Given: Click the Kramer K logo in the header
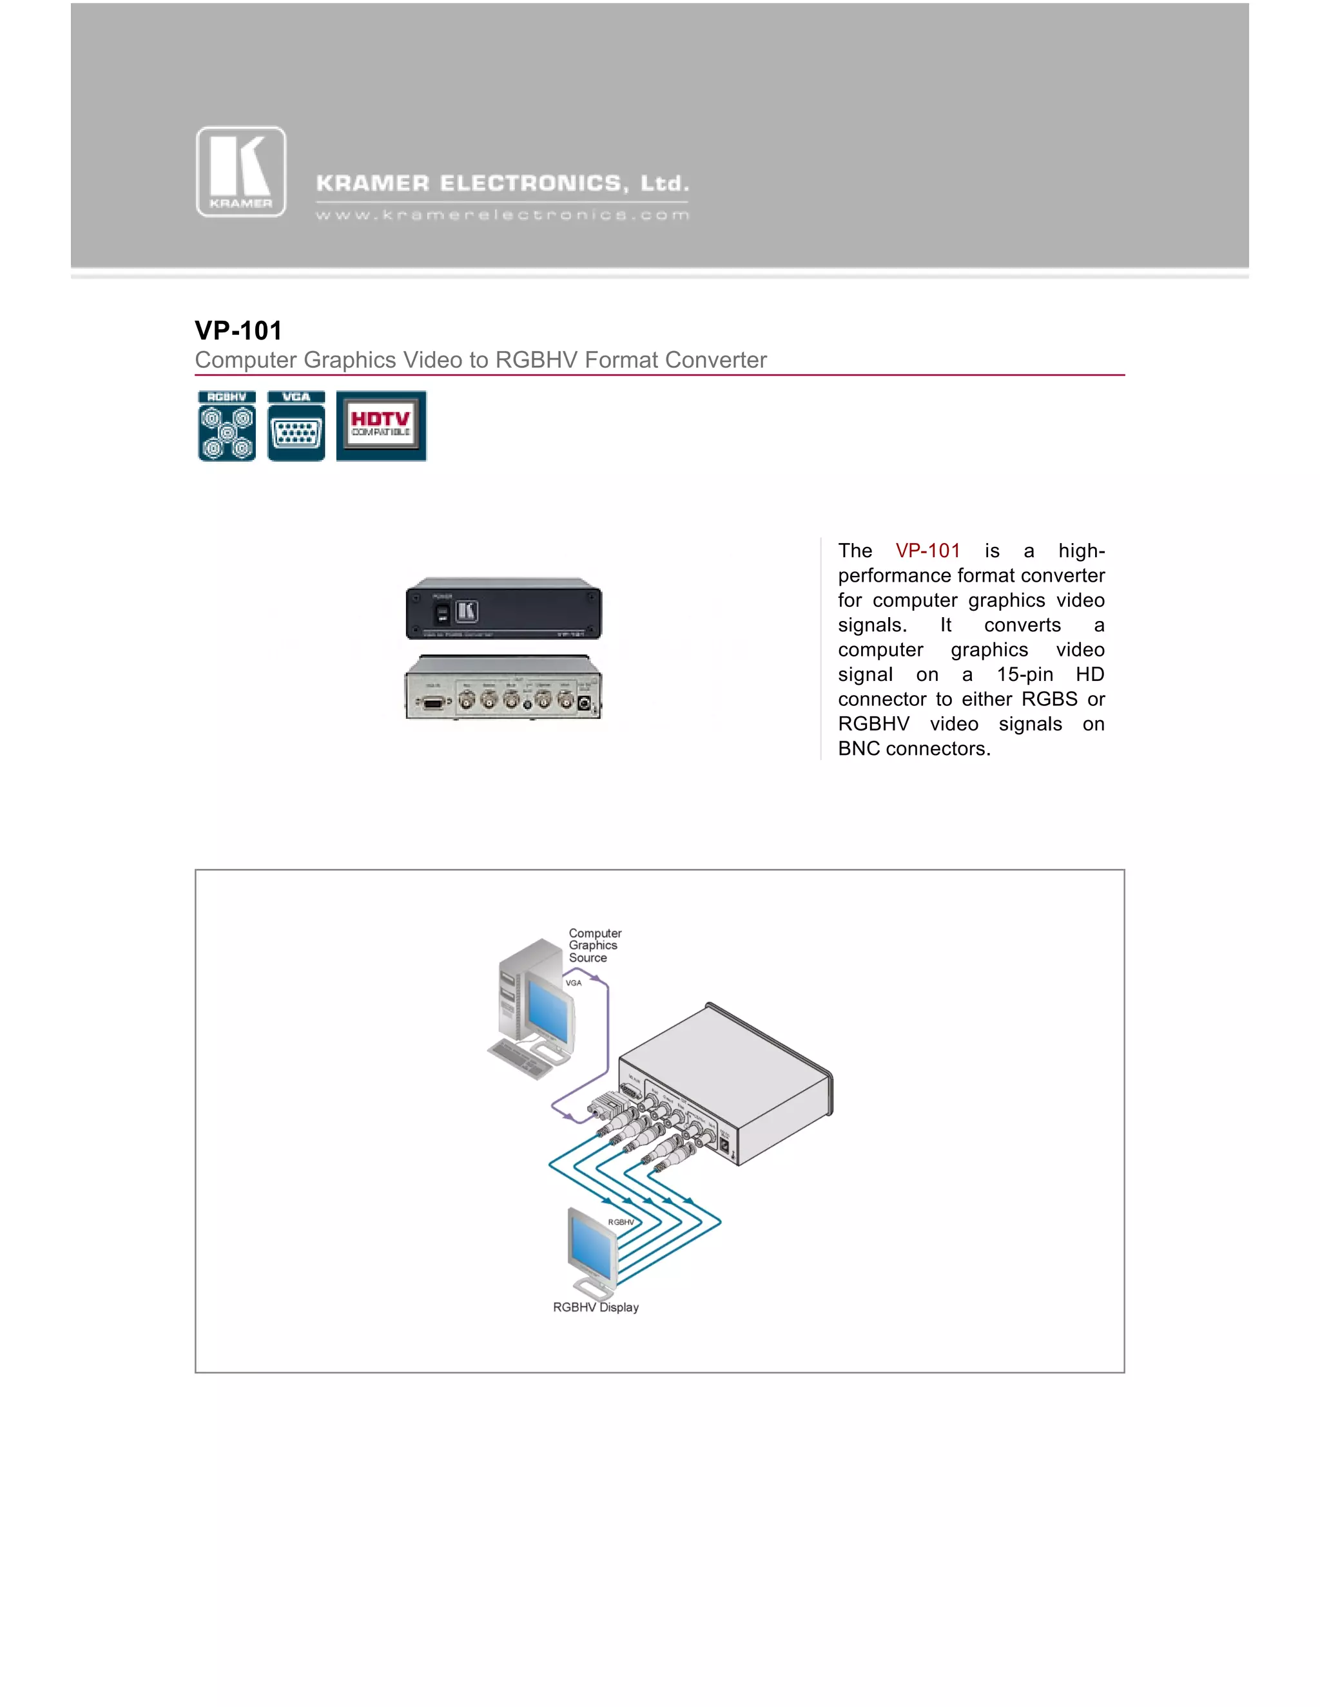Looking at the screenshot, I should coord(241,172).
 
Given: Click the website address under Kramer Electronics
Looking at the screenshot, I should coord(502,215).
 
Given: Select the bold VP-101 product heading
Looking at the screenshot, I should coord(238,330).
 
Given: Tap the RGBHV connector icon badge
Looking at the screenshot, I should coord(227,426).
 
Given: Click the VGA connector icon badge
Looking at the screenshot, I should coord(296,426).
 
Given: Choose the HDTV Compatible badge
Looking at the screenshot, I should coord(382,426).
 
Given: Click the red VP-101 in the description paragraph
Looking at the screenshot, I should coord(927,551).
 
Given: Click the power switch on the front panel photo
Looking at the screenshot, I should coord(442,613).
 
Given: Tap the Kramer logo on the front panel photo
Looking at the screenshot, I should coord(467,611).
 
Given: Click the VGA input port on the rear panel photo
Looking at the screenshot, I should coord(432,702).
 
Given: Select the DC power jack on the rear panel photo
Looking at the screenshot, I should coord(583,703).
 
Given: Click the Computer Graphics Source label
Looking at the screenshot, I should coord(594,945).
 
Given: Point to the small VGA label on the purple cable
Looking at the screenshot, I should coord(573,983).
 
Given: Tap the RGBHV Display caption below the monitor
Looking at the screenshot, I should coord(596,1308).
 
